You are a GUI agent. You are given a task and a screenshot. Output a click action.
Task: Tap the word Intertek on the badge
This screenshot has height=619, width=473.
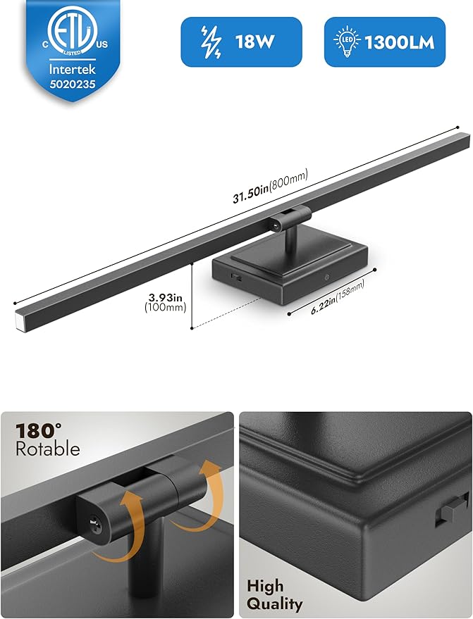tap(73, 70)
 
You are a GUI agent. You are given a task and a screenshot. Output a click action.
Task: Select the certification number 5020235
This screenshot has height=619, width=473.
tap(73, 84)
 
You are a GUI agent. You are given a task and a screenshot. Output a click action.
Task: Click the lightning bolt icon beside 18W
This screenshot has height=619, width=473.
tap(211, 42)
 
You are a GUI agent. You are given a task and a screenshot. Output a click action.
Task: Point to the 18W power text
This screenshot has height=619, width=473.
tap(255, 42)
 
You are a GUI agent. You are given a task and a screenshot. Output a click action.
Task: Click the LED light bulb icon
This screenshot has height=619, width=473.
tap(347, 42)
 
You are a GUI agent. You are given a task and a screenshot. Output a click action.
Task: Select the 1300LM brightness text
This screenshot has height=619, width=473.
tap(400, 42)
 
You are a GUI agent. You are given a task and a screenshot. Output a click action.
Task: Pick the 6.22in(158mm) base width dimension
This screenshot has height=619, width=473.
tap(338, 296)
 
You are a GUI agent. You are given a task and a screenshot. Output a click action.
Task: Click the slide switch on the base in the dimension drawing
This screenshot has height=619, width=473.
tap(238, 277)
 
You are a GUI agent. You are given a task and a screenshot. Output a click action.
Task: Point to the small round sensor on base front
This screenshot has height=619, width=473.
tap(326, 277)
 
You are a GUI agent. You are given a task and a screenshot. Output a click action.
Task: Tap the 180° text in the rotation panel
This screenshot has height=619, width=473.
tap(38, 431)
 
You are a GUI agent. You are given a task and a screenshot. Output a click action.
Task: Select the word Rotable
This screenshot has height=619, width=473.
tap(48, 449)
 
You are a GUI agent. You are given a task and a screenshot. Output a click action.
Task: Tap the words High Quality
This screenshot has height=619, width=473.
tap(275, 595)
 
